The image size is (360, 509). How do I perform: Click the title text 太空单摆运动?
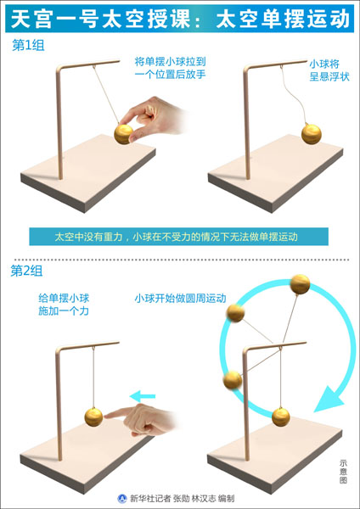pos(282,18)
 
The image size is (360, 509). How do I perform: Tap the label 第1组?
pos(28,45)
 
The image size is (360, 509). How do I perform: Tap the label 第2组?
pos(26,271)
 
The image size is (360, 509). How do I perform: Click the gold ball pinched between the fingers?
pos(124,134)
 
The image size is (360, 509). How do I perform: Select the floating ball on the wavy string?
pos(312,134)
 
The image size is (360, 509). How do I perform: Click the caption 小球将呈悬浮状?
pos(329,70)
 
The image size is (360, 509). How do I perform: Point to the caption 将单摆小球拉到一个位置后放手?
pos(171,68)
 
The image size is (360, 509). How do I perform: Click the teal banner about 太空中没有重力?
pos(178,237)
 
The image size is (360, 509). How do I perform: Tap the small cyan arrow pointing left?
pos(143,396)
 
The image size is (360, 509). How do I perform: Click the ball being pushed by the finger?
pos(94,417)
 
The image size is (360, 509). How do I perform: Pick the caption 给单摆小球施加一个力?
pos(64,305)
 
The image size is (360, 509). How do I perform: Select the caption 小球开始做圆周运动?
pos(180,298)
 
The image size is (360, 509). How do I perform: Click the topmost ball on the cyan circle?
pos(300,284)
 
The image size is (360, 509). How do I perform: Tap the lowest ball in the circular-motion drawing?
pos(281,417)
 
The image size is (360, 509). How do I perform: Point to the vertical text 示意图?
pos(343,472)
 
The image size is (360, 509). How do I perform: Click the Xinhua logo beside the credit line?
pos(122,498)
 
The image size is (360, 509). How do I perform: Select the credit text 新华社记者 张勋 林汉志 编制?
pos(182,498)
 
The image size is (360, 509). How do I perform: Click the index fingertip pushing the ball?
pos(106,414)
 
